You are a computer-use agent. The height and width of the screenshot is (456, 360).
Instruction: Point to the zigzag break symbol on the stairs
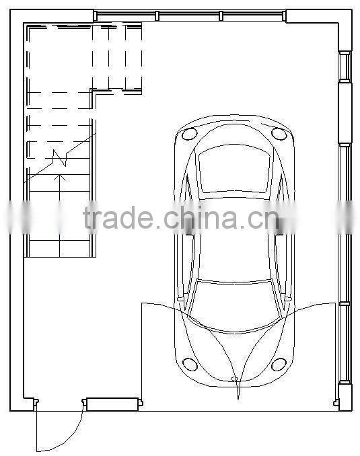[x=60, y=158]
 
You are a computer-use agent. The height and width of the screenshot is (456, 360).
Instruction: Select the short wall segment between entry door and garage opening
[x=112, y=404]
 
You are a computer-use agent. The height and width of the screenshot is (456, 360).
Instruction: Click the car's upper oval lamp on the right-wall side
[x=279, y=134]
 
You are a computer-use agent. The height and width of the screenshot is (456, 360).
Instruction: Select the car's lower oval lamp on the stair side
[x=190, y=365]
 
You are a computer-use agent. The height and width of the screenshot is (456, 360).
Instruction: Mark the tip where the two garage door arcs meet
[x=238, y=381]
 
